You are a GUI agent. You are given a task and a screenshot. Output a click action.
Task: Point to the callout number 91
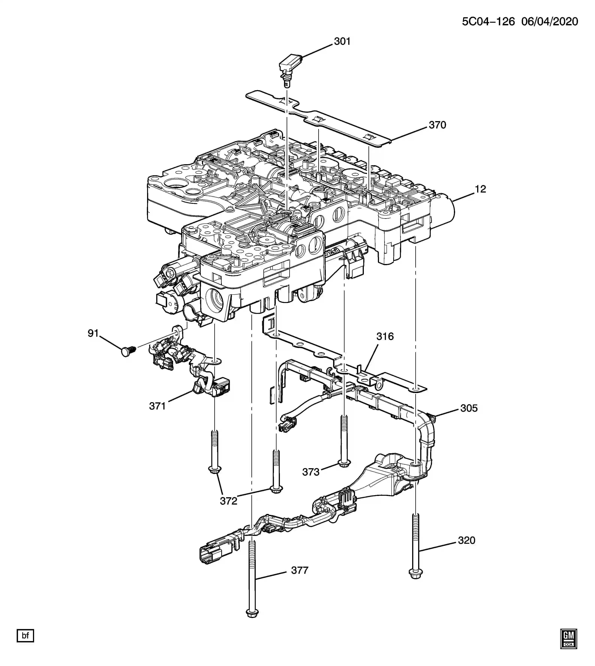coord(93,333)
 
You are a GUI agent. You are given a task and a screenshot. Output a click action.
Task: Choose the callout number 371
coord(157,406)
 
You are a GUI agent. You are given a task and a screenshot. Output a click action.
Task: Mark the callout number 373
coord(311,472)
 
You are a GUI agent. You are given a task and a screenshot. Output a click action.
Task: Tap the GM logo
coord(569,638)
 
